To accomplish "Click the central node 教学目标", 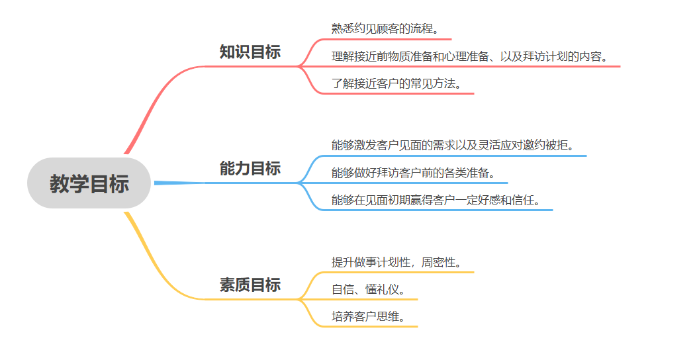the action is [x=89, y=183].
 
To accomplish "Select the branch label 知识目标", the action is [x=250, y=52].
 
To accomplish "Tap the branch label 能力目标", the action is [x=250, y=169].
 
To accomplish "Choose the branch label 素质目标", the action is [x=250, y=285].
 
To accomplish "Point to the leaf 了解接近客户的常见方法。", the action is [x=396, y=83].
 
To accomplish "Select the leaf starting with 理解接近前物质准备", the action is [x=470, y=56].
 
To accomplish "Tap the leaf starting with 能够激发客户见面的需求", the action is [x=453, y=145].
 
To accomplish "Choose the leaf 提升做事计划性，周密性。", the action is [x=395, y=262].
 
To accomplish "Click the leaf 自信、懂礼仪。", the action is [x=368, y=289].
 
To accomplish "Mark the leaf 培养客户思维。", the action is [x=368, y=316].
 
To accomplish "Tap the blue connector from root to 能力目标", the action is [x=179, y=183].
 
